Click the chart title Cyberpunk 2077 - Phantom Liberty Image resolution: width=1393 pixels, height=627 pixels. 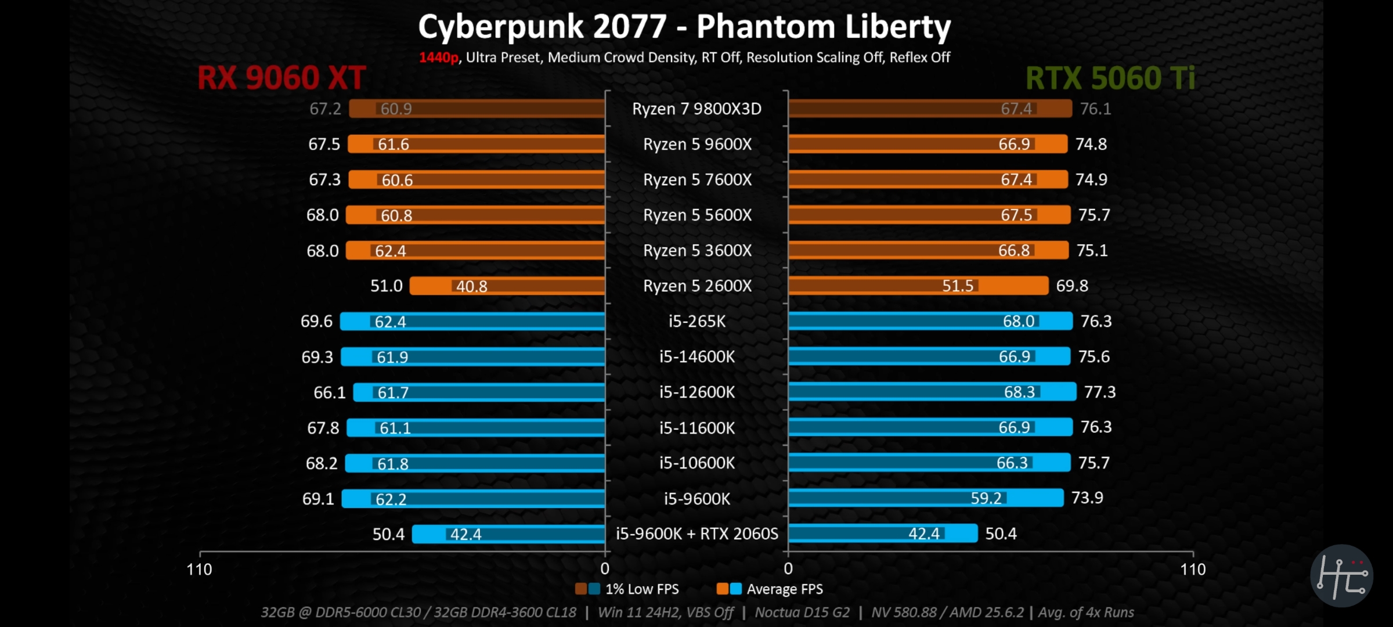coord(684,27)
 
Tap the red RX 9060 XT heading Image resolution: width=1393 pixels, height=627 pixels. coord(282,78)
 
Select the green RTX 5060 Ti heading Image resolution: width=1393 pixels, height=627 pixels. coord(1110,78)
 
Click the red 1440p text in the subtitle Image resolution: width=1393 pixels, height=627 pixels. coord(438,57)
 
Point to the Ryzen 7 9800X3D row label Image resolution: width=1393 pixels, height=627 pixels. coord(696,109)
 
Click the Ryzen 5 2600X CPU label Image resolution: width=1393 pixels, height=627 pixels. coord(697,286)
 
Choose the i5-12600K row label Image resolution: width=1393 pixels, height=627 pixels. coord(696,392)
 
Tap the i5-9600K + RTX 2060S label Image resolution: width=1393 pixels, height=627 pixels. coord(696,534)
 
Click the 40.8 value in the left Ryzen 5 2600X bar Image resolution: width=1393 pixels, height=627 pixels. coord(471,286)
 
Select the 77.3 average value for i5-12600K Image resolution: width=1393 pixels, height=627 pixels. coord(1100,392)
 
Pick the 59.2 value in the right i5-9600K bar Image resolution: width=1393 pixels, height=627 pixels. coord(986,498)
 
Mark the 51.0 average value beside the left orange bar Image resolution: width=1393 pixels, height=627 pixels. coord(386,286)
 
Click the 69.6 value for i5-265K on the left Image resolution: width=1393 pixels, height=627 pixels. coord(316,322)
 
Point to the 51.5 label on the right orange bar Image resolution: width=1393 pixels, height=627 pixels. coord(958,286)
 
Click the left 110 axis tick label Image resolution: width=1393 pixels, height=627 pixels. coord(199,570)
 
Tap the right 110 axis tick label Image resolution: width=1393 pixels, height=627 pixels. coord(1193,570)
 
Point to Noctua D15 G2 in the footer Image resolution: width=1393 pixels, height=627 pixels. coord(802,612)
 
